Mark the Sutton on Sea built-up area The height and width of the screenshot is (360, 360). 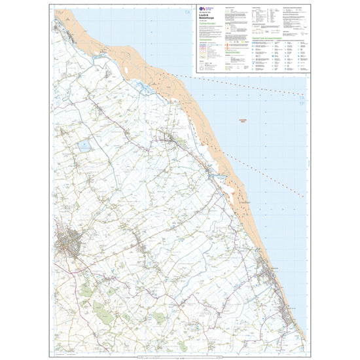287,308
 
